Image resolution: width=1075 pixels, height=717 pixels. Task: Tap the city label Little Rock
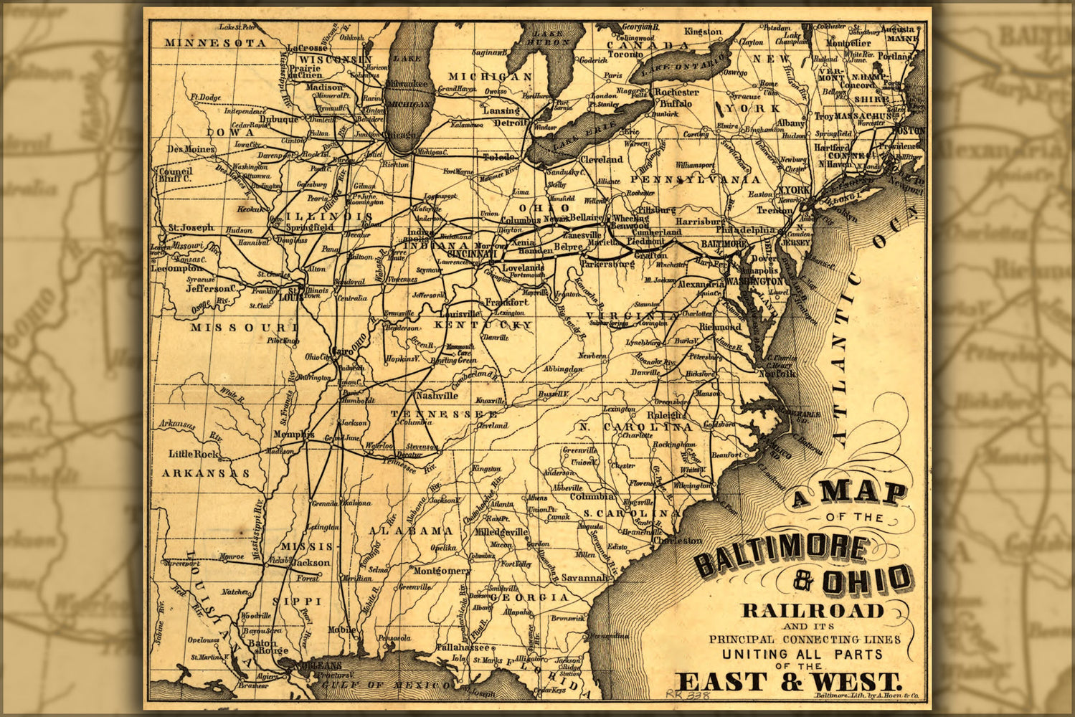(193, 454)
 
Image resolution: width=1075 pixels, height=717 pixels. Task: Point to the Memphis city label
(293, 435)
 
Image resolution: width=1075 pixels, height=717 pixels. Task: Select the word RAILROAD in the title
(813, 611)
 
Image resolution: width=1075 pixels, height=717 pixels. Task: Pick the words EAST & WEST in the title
(787, 681)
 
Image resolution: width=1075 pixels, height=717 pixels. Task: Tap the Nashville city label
(437, 396)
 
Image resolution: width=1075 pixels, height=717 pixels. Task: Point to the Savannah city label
(584, 577)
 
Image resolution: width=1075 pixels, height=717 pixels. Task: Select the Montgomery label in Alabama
(442, 571)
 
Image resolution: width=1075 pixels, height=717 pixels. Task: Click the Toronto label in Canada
(625, 54)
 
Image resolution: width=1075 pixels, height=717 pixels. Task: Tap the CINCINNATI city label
(471, 254)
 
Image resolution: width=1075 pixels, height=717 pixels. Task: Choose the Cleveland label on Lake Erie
(601, 159)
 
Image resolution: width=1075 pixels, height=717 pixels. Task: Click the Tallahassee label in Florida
(463, 647)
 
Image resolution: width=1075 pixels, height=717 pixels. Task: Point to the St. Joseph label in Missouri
(191, 227)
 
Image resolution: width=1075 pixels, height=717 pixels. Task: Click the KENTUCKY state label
(484, 325)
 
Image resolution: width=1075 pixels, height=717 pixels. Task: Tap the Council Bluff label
(175, 174)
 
